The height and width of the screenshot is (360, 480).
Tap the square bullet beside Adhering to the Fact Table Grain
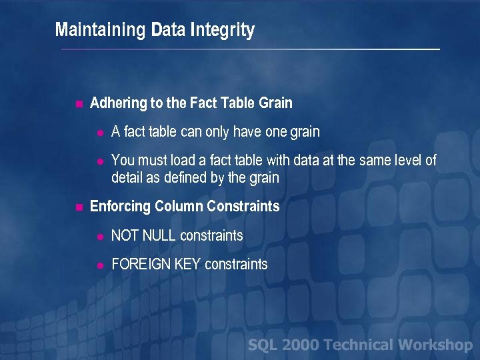point(78,103)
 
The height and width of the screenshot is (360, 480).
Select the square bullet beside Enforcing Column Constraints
point(78,207)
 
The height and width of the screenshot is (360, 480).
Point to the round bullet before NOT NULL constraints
point(99,236)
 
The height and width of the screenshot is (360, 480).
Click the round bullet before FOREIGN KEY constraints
point(99,265)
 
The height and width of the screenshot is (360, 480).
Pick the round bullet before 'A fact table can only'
point(99,133)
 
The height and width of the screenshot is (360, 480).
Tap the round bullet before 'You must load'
point(99,161)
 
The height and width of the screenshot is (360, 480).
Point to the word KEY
point(188,265)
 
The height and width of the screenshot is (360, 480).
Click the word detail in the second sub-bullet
point(127,178)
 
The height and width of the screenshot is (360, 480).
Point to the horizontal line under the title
point(250,50)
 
